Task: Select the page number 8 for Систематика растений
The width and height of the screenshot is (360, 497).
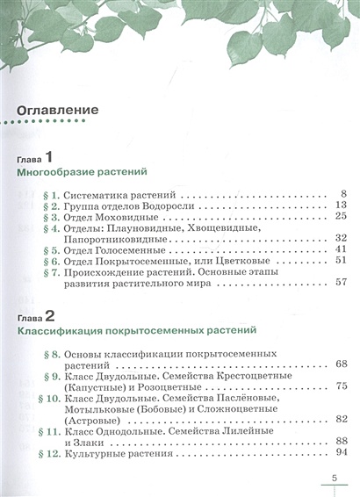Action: click(x=345, y=192)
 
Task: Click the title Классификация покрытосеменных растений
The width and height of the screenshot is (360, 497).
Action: click(x=136, y=332)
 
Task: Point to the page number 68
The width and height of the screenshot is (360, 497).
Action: click(x=342, y=363)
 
